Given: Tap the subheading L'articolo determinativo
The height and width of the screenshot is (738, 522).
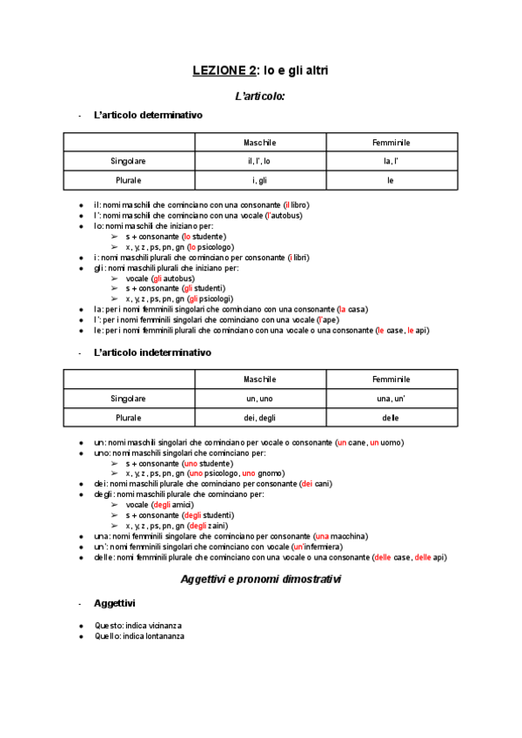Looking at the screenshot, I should pos(148,115).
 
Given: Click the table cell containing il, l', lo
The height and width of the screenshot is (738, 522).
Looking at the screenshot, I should pos(259,161).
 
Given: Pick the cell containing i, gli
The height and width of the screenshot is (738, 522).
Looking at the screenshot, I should pos(259,180).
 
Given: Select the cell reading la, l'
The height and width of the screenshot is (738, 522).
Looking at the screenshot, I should pos(391,161).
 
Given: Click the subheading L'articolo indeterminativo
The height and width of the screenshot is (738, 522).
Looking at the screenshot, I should pos(152,352).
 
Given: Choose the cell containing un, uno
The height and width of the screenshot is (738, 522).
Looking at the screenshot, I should pos(259,399).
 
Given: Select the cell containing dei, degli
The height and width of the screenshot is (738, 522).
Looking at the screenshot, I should pos(259,418).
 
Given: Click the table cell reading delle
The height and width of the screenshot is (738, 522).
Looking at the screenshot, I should pos(391,418).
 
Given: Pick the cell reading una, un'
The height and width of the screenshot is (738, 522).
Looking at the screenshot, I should pos(391,399).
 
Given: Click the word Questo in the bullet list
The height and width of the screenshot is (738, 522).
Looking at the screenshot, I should pos(107,626).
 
